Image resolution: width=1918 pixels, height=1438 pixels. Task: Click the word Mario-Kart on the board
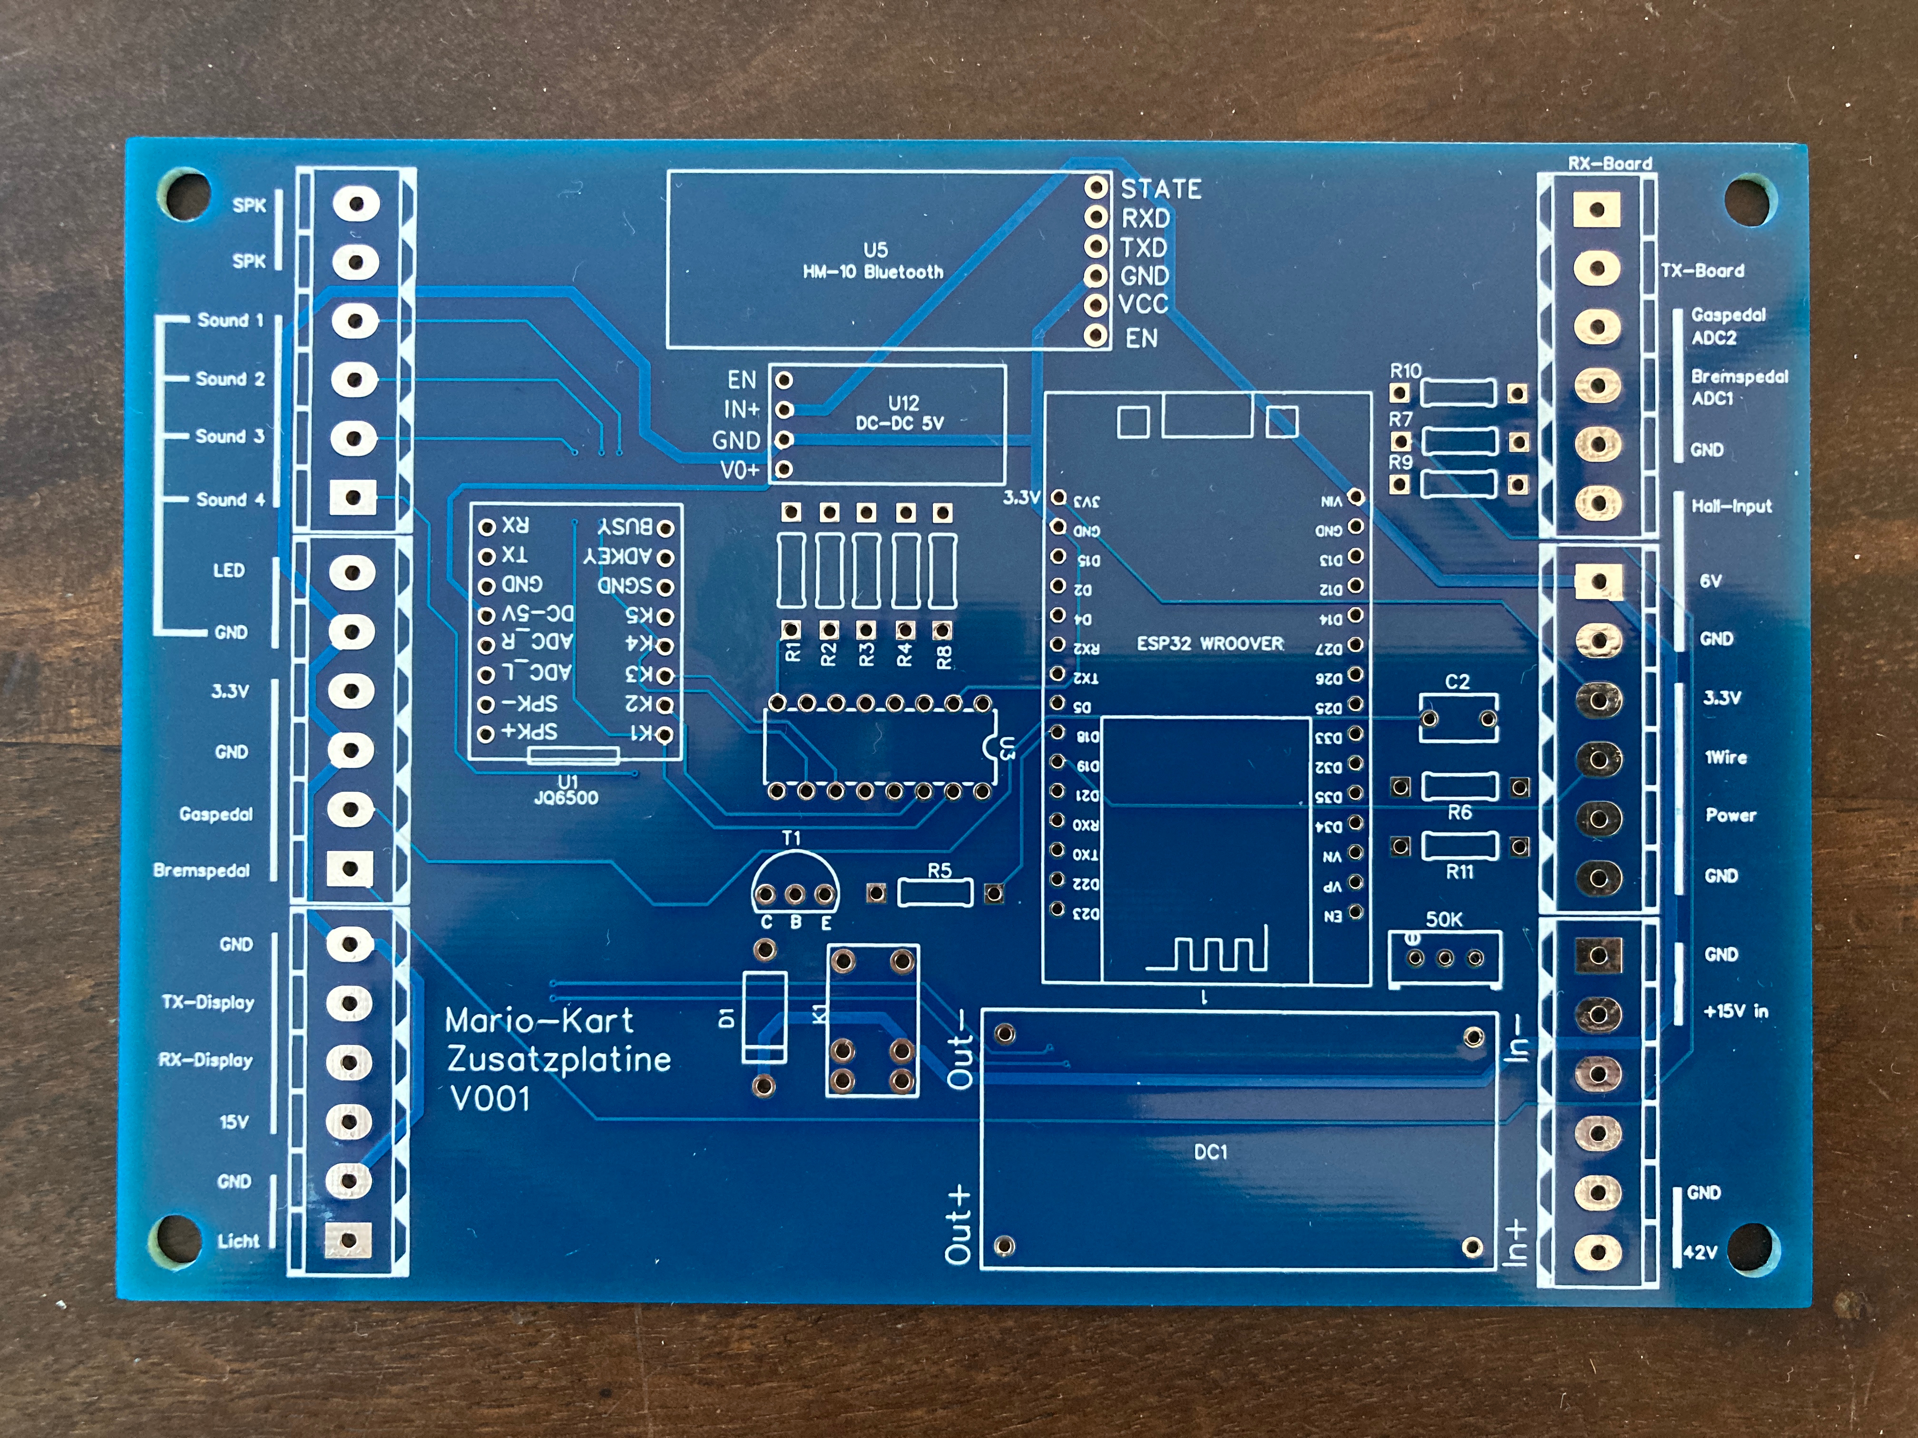tap(539, 1021)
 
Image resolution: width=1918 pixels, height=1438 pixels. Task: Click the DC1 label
tap(1211, 1152)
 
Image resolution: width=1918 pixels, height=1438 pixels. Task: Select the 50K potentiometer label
tap(1444, 920)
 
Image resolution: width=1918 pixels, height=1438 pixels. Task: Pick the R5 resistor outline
tap(936, 892)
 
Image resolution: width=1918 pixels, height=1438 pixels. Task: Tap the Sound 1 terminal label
tap(230, 320)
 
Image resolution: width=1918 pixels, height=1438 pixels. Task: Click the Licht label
tap(237, 1241)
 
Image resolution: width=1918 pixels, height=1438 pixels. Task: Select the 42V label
tap(1700, 1253)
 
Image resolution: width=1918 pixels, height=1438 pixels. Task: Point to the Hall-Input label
tap(1732, 506)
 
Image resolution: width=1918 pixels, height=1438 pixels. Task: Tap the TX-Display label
tap(208, 1003)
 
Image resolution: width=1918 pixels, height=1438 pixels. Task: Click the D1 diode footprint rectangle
tap(765, 1017)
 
